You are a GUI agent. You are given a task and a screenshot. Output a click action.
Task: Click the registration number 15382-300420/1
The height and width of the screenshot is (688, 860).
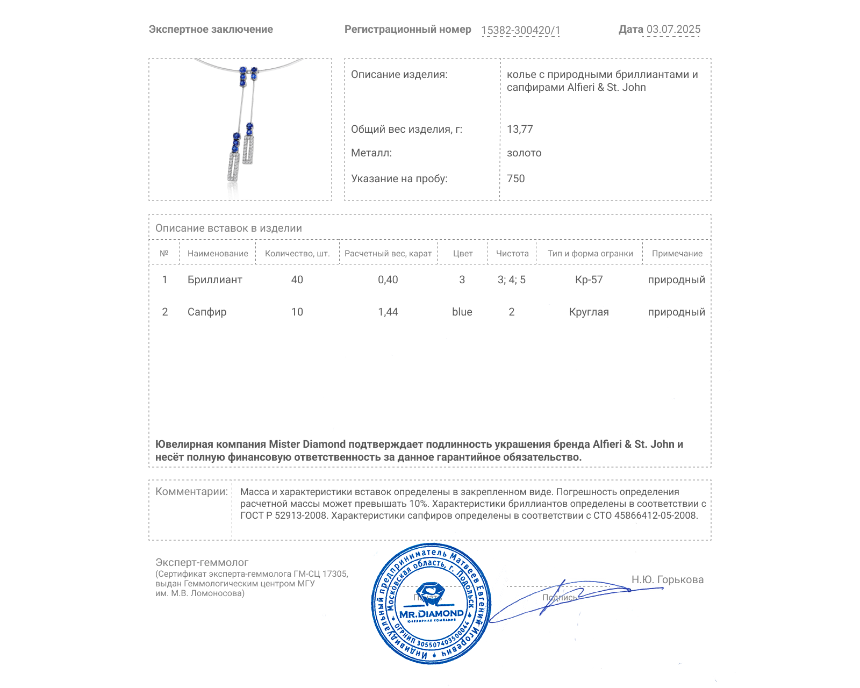point(520,31)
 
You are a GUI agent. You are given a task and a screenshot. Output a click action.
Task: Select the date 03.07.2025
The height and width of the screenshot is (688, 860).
point(673,30)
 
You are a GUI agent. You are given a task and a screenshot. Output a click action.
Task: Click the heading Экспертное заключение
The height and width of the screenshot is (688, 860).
point(211,30)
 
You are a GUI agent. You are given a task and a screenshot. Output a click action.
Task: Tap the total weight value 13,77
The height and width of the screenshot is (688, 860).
point(520,130)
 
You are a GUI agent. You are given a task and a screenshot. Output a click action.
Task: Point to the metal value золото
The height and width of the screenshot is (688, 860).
point(524,153)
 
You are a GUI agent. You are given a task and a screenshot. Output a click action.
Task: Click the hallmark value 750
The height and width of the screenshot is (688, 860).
point(515,179)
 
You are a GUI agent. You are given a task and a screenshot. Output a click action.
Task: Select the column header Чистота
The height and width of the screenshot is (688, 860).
point(512,254)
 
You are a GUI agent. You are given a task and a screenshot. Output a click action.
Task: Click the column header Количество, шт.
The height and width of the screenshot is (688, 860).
point(297,254)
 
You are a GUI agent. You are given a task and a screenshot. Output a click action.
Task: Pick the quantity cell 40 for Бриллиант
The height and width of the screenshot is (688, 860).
point(297,280)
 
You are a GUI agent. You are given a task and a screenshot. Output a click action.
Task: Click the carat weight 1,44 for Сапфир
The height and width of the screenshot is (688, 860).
point(388,312)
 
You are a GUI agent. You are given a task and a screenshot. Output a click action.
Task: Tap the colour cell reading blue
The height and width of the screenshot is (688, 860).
point(462,312)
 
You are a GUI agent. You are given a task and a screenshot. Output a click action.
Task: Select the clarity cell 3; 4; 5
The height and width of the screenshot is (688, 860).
point(512,280)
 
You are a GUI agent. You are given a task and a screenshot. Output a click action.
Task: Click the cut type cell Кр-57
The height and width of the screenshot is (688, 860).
point(589,280)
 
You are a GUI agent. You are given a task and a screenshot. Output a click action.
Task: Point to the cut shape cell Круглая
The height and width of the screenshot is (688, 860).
point(589,312)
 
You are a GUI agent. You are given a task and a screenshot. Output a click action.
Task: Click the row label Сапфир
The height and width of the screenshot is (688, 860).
point(207,312)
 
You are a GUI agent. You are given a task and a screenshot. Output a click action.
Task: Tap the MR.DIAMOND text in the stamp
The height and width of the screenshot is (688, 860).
point(432,614)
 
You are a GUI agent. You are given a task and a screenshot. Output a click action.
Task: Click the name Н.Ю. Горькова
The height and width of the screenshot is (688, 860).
point(668,580)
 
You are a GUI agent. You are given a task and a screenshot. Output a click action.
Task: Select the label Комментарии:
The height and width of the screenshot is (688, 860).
point(191,492)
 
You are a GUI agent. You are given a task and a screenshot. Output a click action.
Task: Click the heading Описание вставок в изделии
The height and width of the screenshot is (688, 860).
point(228,228)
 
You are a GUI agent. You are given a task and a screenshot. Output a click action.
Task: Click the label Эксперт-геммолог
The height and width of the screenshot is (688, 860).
point(202,563)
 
